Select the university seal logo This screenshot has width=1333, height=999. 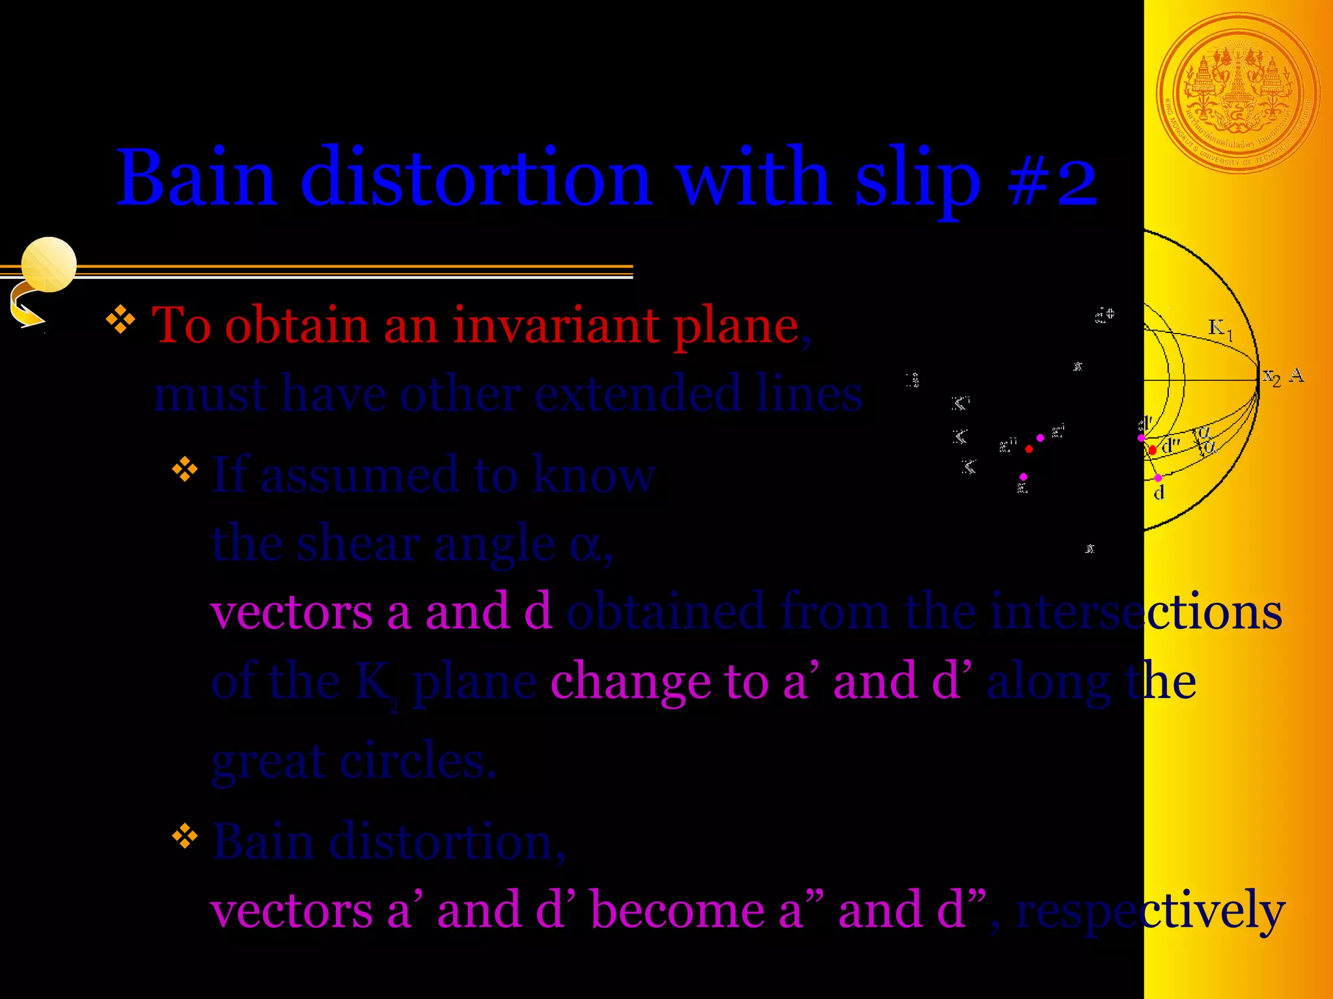click(x=1238, y=93)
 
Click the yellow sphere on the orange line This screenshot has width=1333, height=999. click(x=49, y=264)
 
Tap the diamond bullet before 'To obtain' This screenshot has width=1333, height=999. click(x=120, y=320)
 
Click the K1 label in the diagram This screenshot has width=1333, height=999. click(x=1219, y=328)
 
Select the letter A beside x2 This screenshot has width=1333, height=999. click(x=1297, y=375)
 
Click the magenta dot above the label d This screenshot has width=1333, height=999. click(x=1158, y=478)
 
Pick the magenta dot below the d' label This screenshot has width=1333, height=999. click(x=1141, y=438)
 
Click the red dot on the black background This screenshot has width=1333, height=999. click(x=1028, y=449)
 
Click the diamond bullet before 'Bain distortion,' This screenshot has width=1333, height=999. click(x=185, y=836)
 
